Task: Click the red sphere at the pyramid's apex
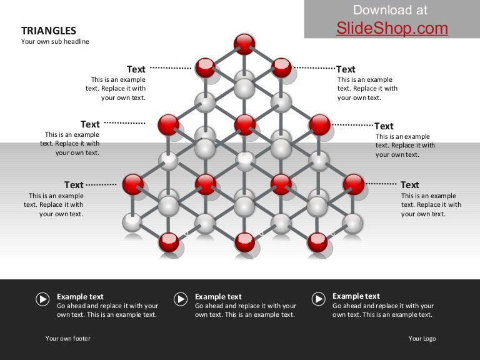click(244, 44)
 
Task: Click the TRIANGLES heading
click(49, 31)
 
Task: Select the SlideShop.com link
click(392, 29)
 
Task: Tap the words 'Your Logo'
click(422, 338)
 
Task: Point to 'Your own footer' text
click(68, 338)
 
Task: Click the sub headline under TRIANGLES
click(55, 41)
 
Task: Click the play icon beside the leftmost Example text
click(42, 299)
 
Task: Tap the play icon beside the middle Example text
click(181, 299)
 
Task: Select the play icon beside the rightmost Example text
click(319, 299)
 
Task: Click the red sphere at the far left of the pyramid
click(133, 184)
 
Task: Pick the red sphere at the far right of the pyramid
click(354, 184)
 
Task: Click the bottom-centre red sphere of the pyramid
click(244, 242)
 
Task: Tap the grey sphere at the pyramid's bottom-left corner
click(132, 222)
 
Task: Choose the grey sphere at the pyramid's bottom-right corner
click(352, 224)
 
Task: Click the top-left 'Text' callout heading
click(136, 69)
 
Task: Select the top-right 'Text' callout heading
click(346, 69)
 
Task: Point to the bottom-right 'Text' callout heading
click(410, 185)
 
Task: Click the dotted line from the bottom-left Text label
click(101, 184)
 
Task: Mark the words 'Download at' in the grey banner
click(390, 10)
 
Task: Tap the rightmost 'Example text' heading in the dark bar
click(356, 296)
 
